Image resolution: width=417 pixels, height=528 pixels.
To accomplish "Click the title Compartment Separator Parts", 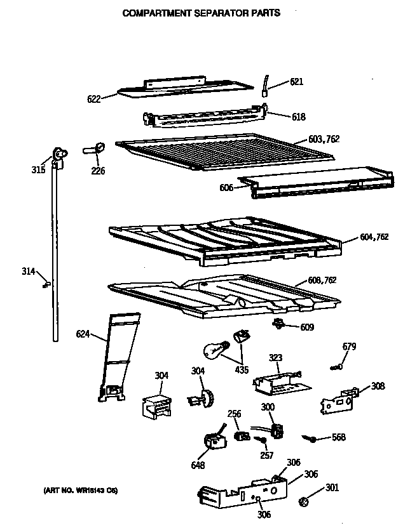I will (201, 13).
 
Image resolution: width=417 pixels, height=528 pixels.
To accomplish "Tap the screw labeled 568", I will (310, 437).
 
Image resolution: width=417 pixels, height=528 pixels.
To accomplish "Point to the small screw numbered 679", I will (336, 366).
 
